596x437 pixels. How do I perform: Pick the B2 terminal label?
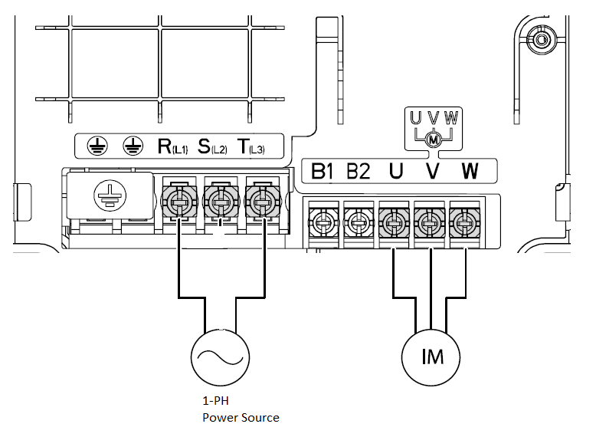(358, 170)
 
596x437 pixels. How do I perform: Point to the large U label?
(395, 170)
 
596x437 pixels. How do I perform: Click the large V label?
(432, 170)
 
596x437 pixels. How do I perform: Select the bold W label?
(469, 170)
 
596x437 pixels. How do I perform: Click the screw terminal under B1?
(322, 224)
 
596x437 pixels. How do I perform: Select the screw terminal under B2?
(358, 224)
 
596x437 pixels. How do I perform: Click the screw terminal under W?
(464, 224)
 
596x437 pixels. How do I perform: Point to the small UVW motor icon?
(433, 129)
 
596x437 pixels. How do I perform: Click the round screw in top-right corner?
(542, 40)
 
